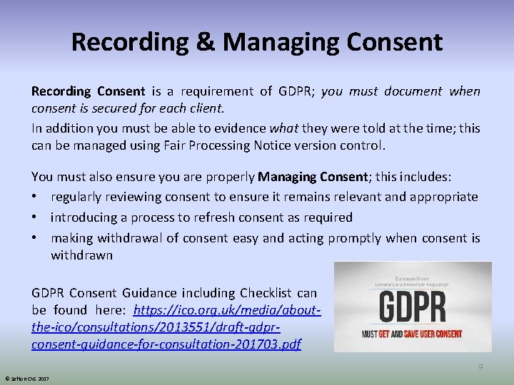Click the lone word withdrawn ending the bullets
pyautogui.click(x=81, y=255)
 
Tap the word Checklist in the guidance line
pyautogui.click(x=265, y=293)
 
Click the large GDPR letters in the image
pyautogui.click(x=412, y=307)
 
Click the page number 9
pyautogui.click(x=480, y=367)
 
